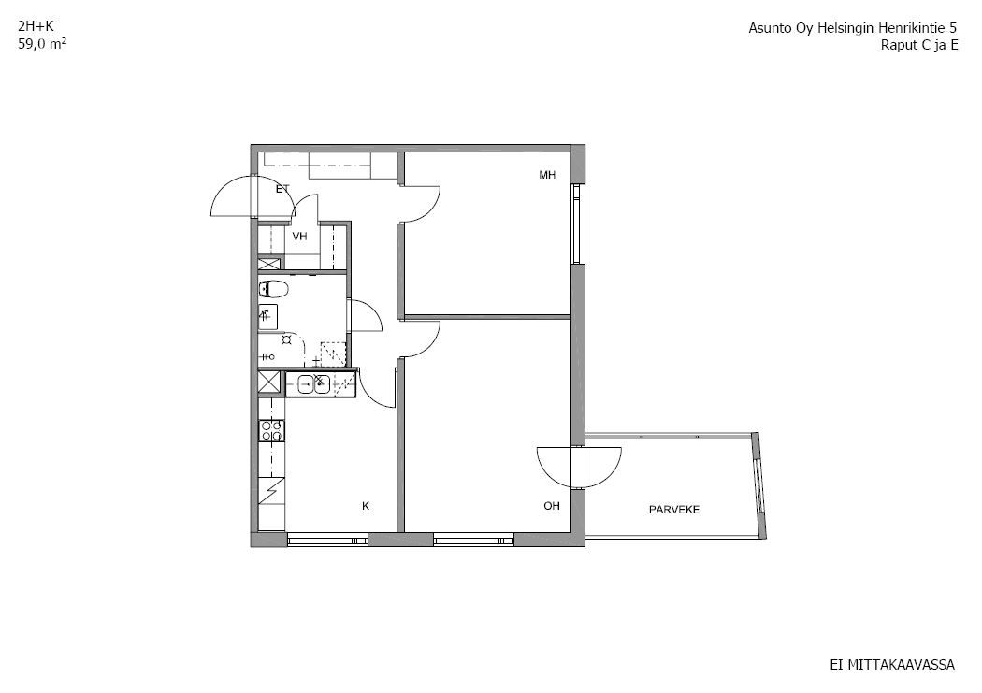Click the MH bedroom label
[547, 175]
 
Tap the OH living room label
[551, 506]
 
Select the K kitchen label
[366, 506]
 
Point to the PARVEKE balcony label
[674, 510]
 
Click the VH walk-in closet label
[300, 237]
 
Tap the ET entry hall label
[282, 188]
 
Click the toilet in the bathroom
[273, 289]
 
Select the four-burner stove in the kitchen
[272, 430]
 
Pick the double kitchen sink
[313, 383]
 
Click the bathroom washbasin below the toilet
[267, 317]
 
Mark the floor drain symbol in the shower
[286, 339]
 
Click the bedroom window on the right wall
[577, 224]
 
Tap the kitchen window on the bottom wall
[327, 539]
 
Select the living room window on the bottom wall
[473, 539]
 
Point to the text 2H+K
[36, 26]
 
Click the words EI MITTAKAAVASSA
[892, 665]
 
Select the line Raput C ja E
[919, 45]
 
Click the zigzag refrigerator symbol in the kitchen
[272, 490]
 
